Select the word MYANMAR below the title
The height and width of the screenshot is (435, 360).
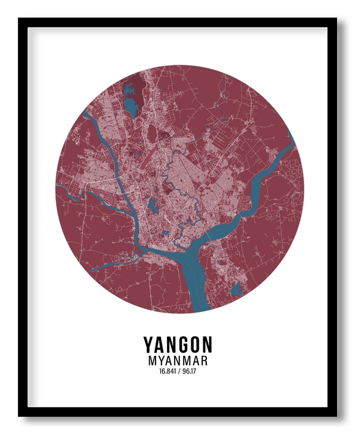pos(178,361)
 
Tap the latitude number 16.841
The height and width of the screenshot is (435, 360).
pos(168,371)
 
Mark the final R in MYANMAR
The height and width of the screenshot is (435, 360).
pos(203,361)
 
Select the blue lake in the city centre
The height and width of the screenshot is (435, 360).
pos(153,204)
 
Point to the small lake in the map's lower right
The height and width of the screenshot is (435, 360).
pos(235,290)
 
